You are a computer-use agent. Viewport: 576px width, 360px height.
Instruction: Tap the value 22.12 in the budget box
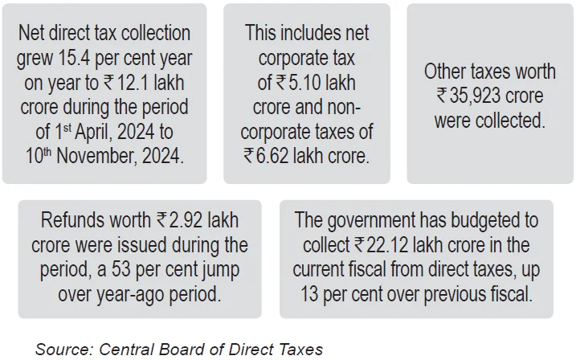click(x=391, y=244)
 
